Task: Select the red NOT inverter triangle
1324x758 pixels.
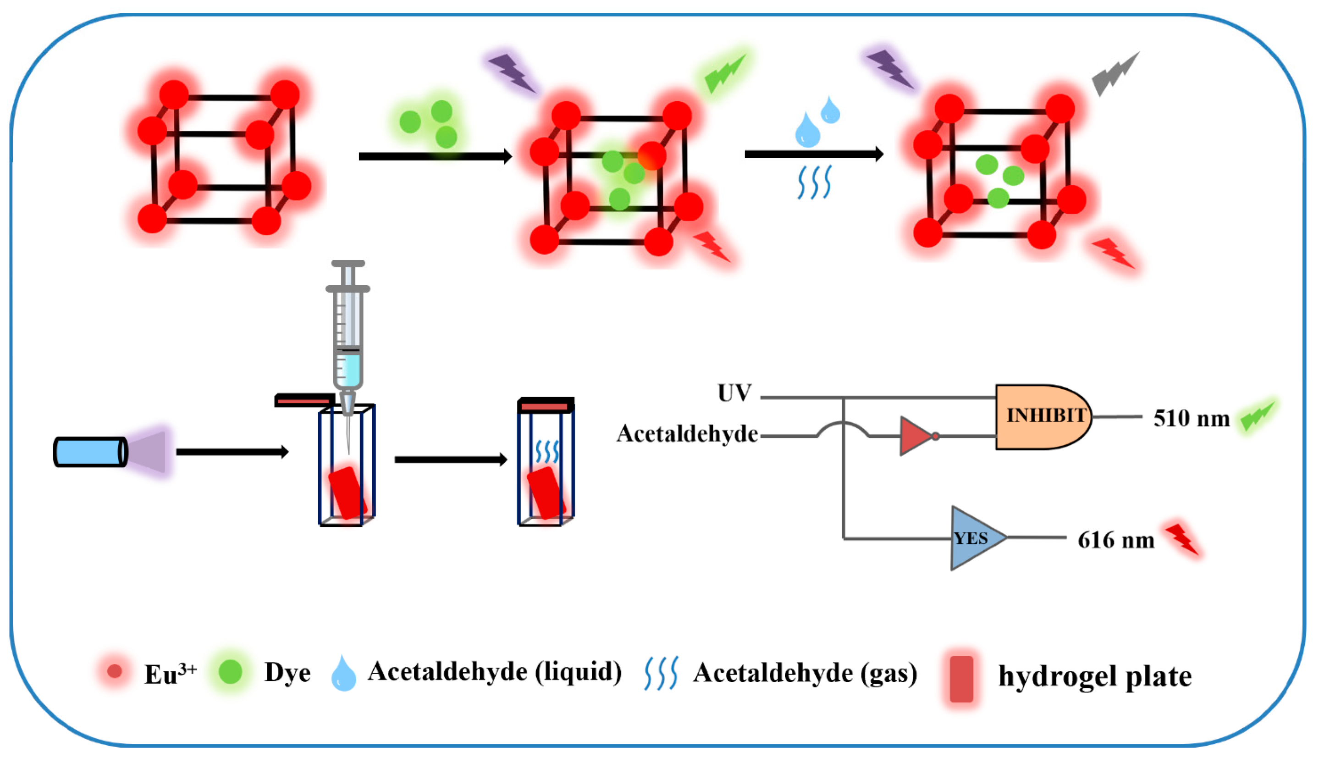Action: click(x=916, y=436)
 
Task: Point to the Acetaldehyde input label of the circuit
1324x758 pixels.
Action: click(x=687, y=434)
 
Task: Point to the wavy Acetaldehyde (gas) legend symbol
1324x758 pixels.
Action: click(x=661, y=673)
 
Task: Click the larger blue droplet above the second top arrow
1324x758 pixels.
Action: click(x=807, y=131)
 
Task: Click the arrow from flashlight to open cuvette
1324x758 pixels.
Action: click(x=232, y=452)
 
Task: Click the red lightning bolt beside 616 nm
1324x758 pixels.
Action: click(x=1183, y=539)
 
